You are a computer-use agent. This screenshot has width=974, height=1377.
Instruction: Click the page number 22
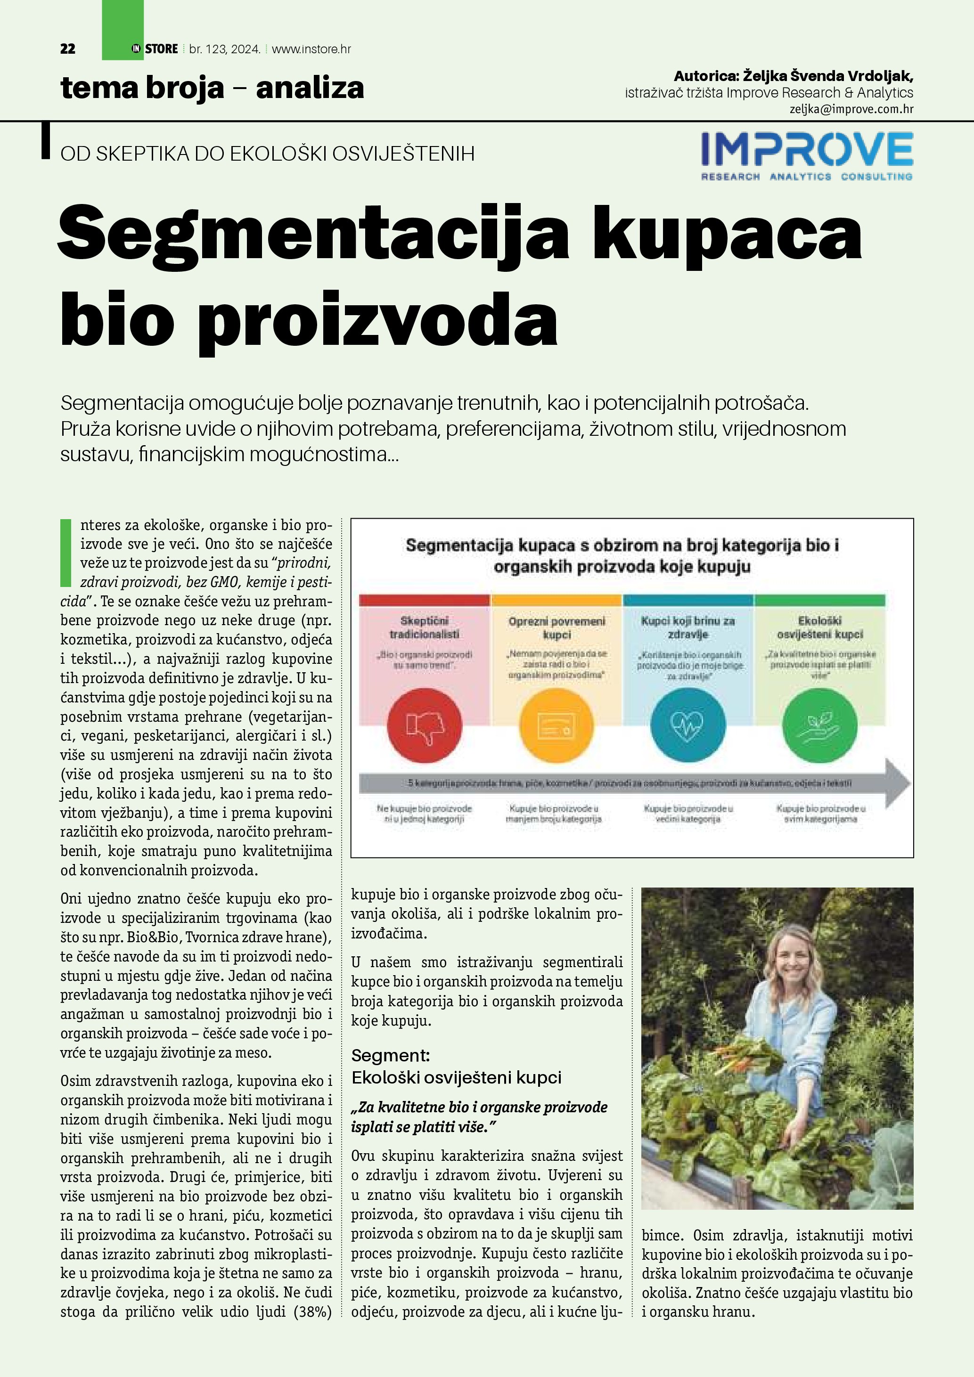point(68,49)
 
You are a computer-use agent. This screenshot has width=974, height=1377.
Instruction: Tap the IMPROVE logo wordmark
point(807,149)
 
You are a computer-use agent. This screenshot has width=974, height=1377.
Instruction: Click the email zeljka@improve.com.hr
point(851,109)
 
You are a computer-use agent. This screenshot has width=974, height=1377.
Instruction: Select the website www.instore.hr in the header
point(311,49)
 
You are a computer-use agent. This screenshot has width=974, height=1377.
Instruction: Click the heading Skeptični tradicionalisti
point(424,627)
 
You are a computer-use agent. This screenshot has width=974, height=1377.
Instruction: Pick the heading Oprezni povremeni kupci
point(557,628)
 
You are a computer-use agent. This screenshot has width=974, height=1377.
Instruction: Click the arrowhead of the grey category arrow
point(898,782)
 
